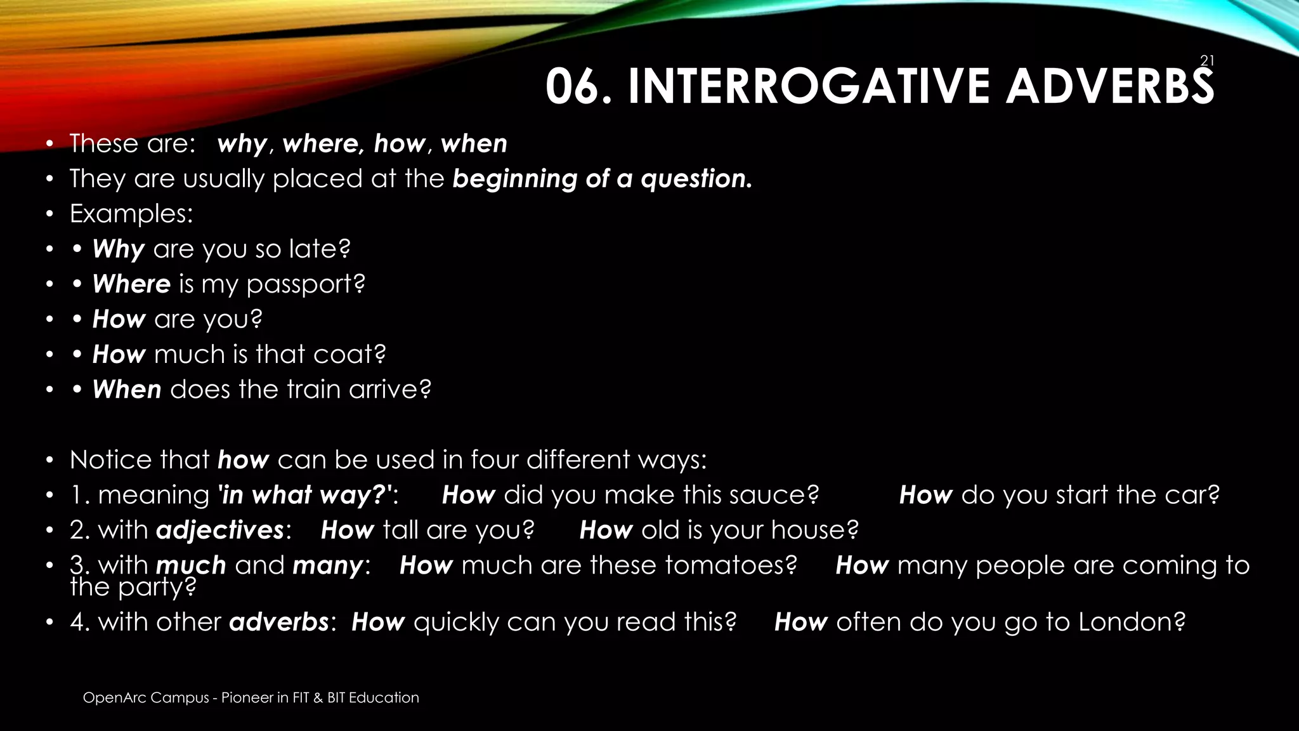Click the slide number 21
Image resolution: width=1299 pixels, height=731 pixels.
tap(1207, 61)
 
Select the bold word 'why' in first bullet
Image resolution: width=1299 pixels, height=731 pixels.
tap(242, 144)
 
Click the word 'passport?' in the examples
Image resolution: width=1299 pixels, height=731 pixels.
tap(306, 284)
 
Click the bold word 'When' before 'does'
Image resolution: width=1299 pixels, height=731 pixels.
tap(127, 390)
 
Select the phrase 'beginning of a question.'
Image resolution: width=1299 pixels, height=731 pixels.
tap(602, 179)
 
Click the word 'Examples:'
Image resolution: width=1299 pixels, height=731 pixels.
tap(131, 214)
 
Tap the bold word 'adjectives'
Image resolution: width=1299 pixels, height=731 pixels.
tap(220, 530)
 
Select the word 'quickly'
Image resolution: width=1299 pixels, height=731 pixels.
tap(456, 622)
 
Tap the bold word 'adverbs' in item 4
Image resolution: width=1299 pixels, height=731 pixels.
tap(279, 622)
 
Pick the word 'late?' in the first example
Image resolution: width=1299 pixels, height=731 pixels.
tap(319, 249)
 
